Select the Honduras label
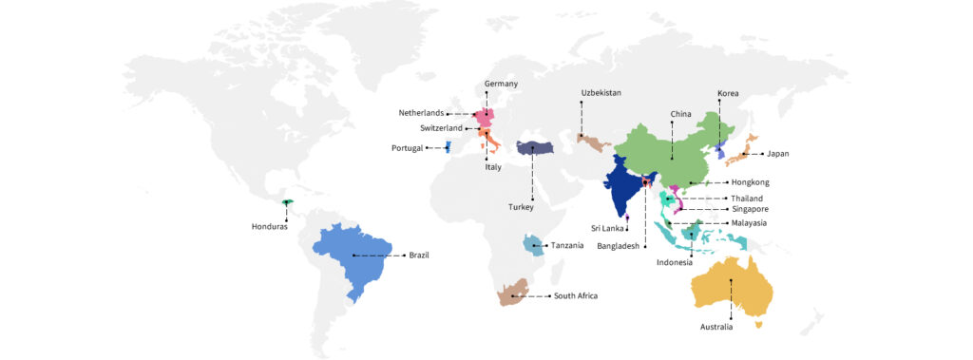(270, 226)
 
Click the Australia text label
(715, 327)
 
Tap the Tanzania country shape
(534, 244)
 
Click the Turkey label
(521, 206)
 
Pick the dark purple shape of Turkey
(536, 148)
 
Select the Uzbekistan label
(601, 92)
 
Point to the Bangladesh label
(623, 246)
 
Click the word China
(680, 114)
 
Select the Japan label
(778, 153)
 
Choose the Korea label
(728, 93)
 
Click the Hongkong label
(750, 181)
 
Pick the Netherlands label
(421, 112)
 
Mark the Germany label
(501, 84)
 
